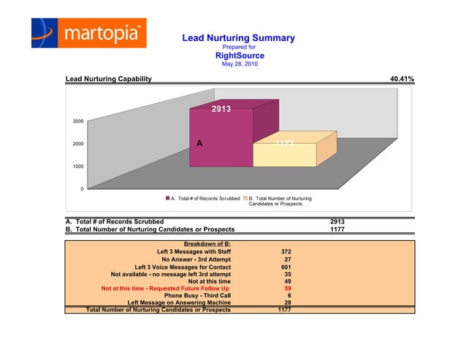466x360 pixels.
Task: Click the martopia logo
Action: pyautogui.click(x=88, y=34)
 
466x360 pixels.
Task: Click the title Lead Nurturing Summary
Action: pyautogui.click(x=238, y=37)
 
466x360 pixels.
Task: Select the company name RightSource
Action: pyautogui.click(x=240, y=55)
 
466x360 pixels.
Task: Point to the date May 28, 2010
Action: pyautogui.click(x=240, y=64)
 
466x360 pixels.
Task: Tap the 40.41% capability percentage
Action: pyautogui.click(x=402, y=78)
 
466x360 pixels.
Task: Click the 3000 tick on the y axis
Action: pyautogui.click(x=77, y=120)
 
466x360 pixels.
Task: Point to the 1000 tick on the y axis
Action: pyautogui.click(x=77, y=166)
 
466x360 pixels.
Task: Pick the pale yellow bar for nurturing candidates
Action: pyautogui.click(x=285, y=154)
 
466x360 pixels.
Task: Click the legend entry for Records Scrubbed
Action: pyautogui.click(x=205, y=198)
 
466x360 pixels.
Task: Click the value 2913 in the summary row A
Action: pyautogui.click(x=337, y=221)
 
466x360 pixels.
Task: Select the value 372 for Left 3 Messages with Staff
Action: pyautogui.click(x=286, y=251)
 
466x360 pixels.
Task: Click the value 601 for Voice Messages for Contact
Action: pyautogui.click(x=286, y=267)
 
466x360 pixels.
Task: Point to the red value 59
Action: pyautogui.click(x=288, y=289)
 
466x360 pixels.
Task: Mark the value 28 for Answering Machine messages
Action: pyautogui.click(x=288, y=304)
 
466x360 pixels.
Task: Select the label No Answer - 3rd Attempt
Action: pyautogui.click(x=196, y=259)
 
